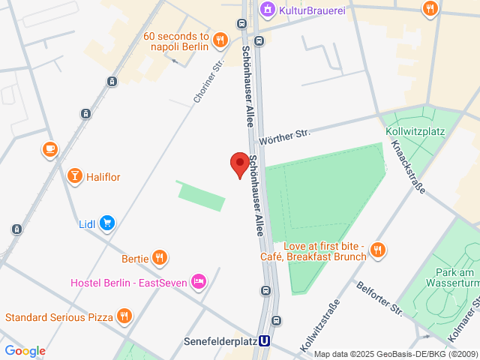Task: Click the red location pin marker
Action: click(x=239, y=163)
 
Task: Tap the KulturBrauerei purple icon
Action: click(x=266, y=9)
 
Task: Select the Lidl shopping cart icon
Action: click(x=108, y=223)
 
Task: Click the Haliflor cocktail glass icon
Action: click(x=75, y=177)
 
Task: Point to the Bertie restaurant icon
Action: click(x=159, y=259)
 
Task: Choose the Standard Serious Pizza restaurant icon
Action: click(x=124, y=316)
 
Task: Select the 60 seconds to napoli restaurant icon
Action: click(x=220, y=40)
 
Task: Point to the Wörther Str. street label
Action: click(x=284, y=136)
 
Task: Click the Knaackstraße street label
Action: click(x=408, y=166)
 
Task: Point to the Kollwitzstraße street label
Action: click(x=319, y=327)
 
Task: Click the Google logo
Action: click(x=25, y=351)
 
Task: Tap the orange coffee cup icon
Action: click(x=50, y=149)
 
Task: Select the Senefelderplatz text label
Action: click(x=219, y=341)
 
